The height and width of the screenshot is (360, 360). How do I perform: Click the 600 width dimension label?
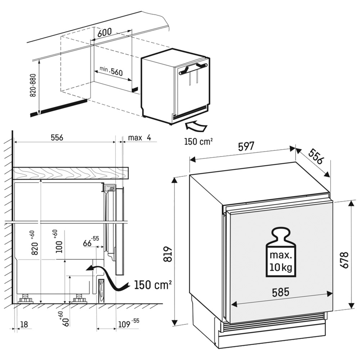[104, 32]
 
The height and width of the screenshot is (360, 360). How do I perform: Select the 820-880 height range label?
[33, 85]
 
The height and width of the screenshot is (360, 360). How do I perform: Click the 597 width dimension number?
[246, 147]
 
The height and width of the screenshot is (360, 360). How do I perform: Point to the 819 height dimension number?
[168, 255]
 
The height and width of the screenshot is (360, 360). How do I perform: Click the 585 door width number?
[280, 292]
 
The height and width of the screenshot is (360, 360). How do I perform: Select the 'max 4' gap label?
[140, 138]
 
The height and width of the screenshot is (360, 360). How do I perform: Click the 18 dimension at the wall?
[24, 324]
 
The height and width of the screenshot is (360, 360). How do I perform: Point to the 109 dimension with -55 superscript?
[129, 324]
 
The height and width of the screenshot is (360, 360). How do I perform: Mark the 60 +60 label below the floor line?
[64, 319]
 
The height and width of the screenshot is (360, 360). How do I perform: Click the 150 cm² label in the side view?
[153, 285]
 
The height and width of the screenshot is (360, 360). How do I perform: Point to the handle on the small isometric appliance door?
[194, 68]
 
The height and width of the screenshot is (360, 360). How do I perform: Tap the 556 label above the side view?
[57, 138]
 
